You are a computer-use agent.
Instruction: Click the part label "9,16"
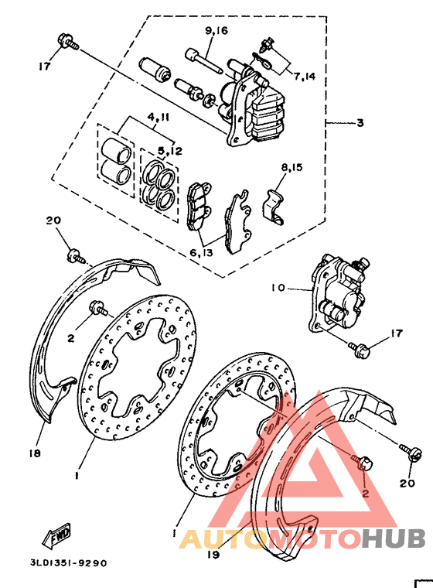[x=216, y=32]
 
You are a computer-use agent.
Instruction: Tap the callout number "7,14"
[x=305, y=77]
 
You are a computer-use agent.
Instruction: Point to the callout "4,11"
[x=159, y=118]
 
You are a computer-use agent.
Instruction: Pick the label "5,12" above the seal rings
[x=170, y=150]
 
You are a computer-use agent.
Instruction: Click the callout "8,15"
[x=293, y=167]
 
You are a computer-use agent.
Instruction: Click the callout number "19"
[x=214, y=554]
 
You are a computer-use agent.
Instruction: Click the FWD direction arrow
[x=59, y=535]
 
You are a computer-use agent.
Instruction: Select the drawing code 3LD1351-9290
[x=70, y=562]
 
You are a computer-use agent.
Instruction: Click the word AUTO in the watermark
[x=213, y=538]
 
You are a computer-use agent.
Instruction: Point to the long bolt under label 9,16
[x=203, y=60]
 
